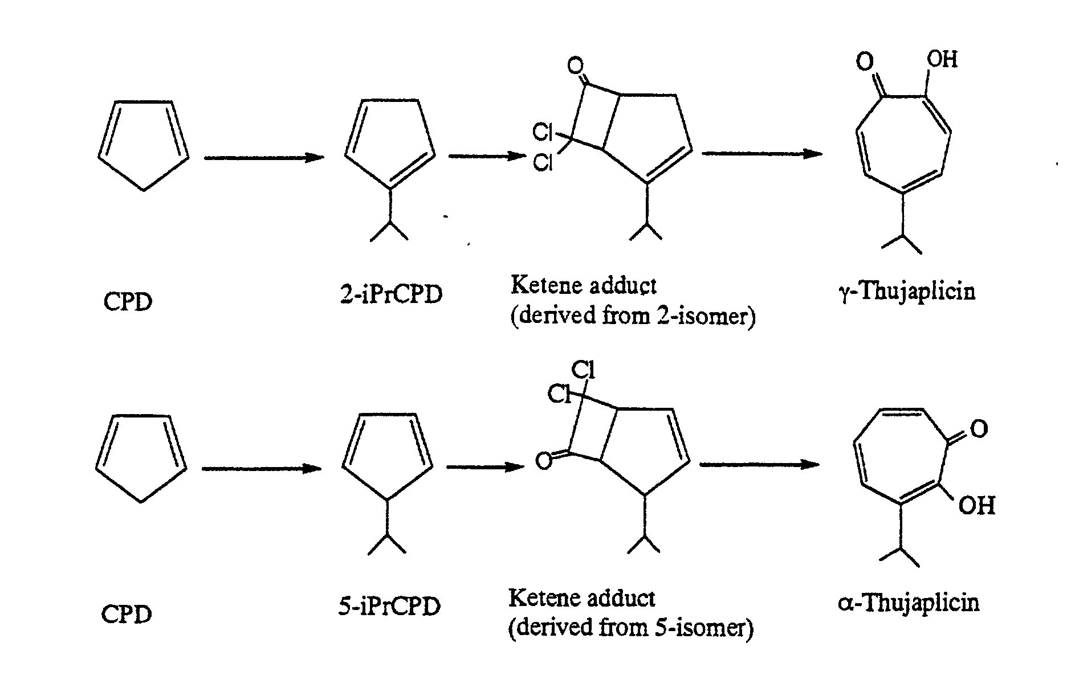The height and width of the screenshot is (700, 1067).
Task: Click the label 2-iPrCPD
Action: (390, 294)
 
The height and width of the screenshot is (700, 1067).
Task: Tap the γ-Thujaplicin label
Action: (907, 292)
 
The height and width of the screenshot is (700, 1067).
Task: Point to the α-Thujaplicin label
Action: (909, 603)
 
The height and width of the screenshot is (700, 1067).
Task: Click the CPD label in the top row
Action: (128, 302)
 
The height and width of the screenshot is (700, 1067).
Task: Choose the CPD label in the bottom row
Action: (127, 614)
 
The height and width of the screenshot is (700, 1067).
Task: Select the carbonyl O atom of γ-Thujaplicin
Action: (865, 62)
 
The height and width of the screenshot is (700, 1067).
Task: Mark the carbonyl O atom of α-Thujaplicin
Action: (978, 428)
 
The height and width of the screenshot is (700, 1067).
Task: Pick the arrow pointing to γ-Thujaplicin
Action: (761, 153)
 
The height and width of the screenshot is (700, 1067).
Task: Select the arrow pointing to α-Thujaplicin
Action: (759, 465)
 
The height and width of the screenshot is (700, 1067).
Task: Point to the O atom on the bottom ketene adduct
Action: (544, 461)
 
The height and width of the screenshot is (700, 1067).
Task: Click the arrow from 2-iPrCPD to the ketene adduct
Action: (487, 155)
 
